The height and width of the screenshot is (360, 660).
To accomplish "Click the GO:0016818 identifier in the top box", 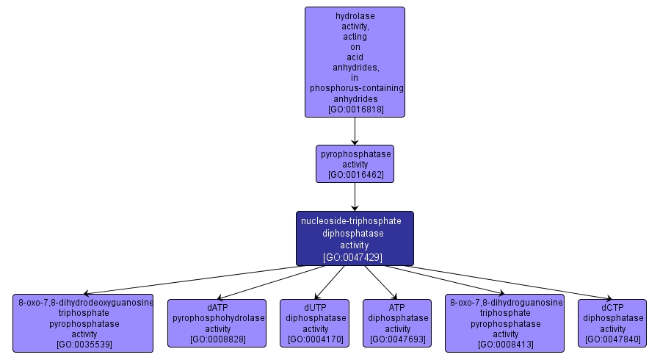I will (355, 109).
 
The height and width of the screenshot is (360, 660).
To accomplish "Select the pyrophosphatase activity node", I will (355, 163).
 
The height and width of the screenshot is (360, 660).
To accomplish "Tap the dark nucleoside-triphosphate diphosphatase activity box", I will (355, 238).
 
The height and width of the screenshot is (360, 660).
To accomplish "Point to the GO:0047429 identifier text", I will (353, 257).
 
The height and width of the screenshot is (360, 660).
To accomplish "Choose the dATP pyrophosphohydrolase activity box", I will (217, 323).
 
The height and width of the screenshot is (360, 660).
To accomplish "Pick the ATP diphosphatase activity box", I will (398, 323).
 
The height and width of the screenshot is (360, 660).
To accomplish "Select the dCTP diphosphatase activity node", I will (612, 323).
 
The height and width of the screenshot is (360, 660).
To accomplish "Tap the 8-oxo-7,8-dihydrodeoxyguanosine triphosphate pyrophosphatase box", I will (83, 323).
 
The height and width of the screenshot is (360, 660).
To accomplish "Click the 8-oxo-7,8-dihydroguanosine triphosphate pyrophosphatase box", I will (505, 323).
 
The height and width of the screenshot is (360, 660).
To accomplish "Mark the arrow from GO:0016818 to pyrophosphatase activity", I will (355, 132).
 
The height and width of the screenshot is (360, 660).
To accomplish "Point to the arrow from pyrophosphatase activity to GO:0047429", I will (355, 197).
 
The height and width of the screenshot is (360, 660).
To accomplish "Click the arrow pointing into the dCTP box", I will (514, 284).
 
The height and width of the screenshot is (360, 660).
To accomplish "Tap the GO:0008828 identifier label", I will (217, 339).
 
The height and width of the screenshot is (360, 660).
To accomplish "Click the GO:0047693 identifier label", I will (398, 339).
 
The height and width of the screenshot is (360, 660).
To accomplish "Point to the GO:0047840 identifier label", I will (612, 339).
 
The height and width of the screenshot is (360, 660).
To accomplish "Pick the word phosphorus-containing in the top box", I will (356, 88).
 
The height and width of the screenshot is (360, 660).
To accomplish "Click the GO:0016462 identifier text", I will (355, 176).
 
